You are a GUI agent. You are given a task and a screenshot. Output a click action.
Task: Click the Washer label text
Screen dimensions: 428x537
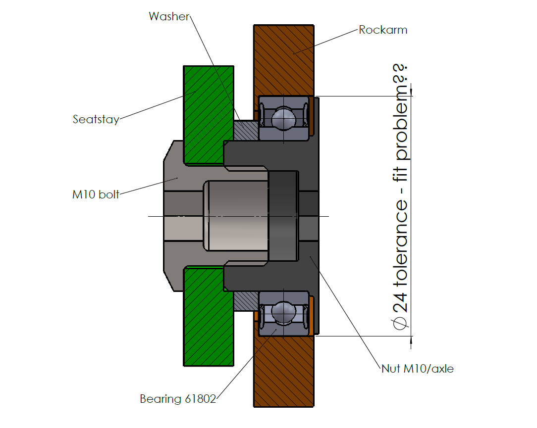[x=169, y=16]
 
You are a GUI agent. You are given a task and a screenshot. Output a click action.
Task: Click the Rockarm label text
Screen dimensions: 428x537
[x=383, y=30]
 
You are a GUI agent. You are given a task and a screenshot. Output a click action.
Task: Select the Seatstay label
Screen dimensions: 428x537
[x=96, y=119]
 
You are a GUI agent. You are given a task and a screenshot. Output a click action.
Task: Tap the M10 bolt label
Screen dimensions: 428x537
[x=96, y=194]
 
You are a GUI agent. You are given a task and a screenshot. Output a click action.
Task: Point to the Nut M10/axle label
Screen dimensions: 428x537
[x=417, y=369]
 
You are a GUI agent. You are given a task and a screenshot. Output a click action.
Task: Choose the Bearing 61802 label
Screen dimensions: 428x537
[x=178, y=399]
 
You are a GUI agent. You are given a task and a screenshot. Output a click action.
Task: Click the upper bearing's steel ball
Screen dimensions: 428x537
[x=284, y=117]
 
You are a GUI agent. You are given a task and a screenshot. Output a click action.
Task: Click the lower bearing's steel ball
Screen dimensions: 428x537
[x=284, y=312]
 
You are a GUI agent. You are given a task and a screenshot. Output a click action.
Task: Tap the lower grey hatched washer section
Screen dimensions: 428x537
[x=245, y=299]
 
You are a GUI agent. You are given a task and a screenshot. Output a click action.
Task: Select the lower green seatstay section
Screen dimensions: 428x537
[x=208, y=317]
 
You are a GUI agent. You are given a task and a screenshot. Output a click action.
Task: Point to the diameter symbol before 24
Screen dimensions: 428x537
[x=402, y=324]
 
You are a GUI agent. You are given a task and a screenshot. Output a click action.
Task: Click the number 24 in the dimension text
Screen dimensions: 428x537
[x=402, y=302]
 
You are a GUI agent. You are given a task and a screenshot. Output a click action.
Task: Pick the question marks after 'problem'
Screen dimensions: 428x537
[x=402, y=74]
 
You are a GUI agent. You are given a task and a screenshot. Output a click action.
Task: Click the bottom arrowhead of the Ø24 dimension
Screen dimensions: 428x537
[x=412, y=339]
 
